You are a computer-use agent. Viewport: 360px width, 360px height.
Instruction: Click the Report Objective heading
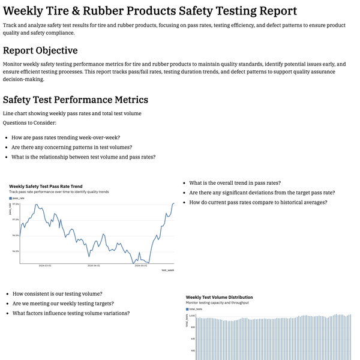(x=40, y=50)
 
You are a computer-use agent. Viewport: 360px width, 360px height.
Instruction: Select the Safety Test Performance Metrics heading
(x=76, y=100)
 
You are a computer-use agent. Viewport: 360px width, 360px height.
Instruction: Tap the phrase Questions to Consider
(x=29, y=122)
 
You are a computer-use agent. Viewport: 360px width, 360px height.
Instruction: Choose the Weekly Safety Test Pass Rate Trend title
(x=46, y=187)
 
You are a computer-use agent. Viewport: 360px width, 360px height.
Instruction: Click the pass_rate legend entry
(x=18, y=197)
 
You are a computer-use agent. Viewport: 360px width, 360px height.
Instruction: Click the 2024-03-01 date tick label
(x=45, y=265)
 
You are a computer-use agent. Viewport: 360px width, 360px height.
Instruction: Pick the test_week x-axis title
(x=168, y=271)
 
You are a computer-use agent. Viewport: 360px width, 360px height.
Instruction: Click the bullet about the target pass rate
(x=262, y=193)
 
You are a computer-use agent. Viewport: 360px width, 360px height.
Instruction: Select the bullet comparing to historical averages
(x=258, y=202)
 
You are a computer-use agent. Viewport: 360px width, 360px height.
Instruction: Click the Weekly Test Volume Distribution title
(x=219, y=297)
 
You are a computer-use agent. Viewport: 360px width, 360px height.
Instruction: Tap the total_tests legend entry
(x=196, y=308)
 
